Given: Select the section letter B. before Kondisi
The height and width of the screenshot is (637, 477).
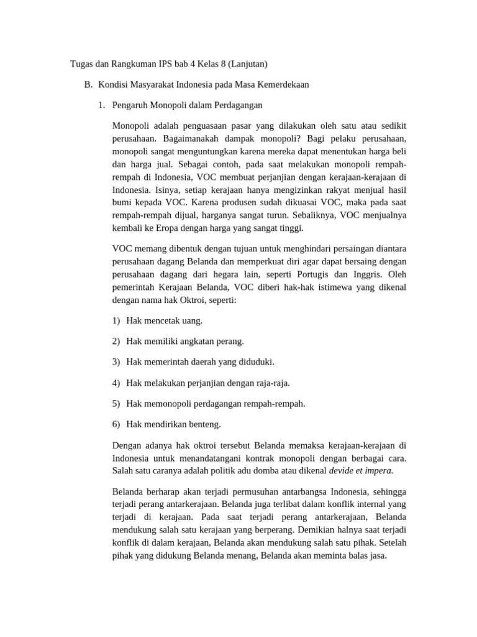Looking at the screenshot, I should click(88, 84).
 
